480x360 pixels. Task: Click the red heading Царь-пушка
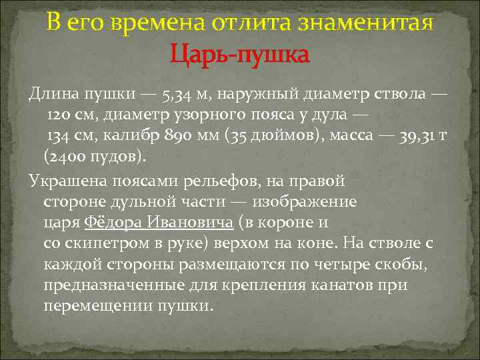click(x=240, y=53)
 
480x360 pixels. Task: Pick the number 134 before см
click(x=60, y=137)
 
